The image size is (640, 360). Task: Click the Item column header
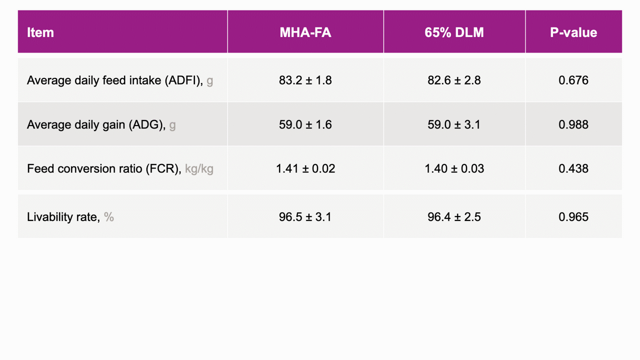[40, 32]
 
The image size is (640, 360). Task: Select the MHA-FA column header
[305, 32]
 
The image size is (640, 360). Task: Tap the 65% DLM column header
[454, 32]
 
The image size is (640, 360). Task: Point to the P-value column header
[573, 32]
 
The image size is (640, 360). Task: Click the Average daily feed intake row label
[120, 80]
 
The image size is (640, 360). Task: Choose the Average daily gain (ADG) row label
[101, 125]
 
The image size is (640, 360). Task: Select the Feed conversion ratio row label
[120, 169]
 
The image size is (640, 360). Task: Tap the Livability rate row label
[70, 217]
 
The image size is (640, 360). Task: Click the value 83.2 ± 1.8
[305, 80]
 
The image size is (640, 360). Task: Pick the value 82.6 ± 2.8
[454, 80]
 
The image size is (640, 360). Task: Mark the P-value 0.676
[573, 80]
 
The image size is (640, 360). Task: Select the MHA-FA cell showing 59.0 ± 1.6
[305, 124]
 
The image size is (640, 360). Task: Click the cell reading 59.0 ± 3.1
[454, 124]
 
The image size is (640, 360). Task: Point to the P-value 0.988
[573, 124]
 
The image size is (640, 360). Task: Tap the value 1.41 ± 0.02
[305, 168]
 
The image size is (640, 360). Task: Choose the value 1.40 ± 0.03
[454, 168]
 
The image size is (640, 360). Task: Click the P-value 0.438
[573, 168]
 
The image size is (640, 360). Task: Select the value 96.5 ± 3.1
[305, 217]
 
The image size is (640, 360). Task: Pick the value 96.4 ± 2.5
[454, 217]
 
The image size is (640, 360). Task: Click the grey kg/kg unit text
[199, 169]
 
